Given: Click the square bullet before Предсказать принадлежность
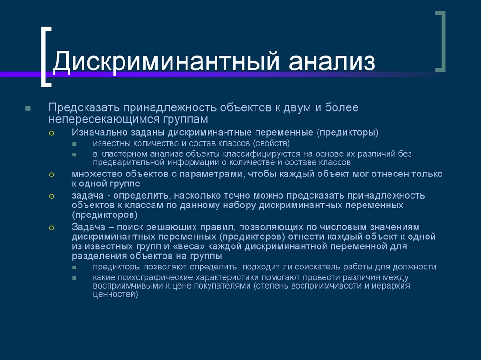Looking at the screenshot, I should (28, 108).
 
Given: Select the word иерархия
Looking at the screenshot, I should (391, 286).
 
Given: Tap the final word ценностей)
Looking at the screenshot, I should (116, 295).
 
